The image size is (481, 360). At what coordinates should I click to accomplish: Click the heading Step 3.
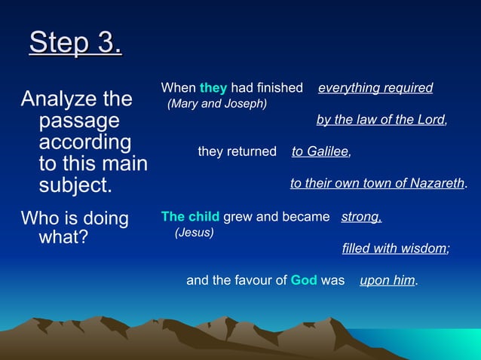pos(75,43)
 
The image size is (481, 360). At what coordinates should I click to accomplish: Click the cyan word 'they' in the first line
pos(213,88)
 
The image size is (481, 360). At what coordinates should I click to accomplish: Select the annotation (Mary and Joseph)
pos(216,103)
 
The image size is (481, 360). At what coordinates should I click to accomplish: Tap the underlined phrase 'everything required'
pos(375,88)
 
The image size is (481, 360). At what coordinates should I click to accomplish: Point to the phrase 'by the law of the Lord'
pos(381,120)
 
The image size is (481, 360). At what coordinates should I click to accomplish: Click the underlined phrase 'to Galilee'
pos(320,151)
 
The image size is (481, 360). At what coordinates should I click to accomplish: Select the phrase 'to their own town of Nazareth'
pos(378,183)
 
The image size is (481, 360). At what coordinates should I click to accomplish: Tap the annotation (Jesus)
pos(194,233)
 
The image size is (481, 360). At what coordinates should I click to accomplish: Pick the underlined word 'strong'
pos(361,217)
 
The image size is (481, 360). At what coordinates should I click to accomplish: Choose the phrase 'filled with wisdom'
pos(394,249)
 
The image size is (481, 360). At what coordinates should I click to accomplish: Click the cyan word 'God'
pos(303,280)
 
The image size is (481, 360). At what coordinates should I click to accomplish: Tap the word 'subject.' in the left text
pos(74,185)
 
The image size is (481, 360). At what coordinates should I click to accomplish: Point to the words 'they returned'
pos(237,151)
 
